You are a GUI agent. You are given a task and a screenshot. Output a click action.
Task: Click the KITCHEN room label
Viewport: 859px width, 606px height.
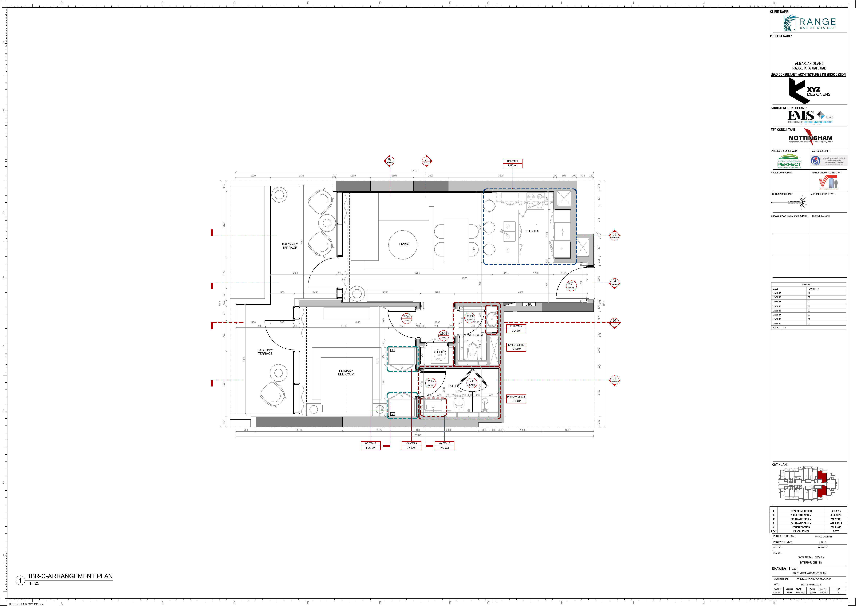532,231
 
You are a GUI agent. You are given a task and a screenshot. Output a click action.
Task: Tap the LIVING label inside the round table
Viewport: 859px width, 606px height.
404,244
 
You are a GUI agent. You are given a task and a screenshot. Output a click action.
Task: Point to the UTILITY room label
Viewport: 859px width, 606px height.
440,352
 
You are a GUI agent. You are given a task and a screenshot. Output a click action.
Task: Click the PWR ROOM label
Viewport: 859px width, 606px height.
474,335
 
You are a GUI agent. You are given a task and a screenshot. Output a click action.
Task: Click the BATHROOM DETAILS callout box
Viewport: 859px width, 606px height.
516,399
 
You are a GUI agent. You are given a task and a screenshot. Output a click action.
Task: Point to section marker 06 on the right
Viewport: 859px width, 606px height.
614,380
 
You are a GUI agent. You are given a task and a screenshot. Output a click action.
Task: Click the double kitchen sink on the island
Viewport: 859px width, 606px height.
509,231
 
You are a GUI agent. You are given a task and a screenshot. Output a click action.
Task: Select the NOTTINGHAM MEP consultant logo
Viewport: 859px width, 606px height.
810,138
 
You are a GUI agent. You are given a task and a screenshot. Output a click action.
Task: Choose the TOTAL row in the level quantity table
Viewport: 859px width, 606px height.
808,327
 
